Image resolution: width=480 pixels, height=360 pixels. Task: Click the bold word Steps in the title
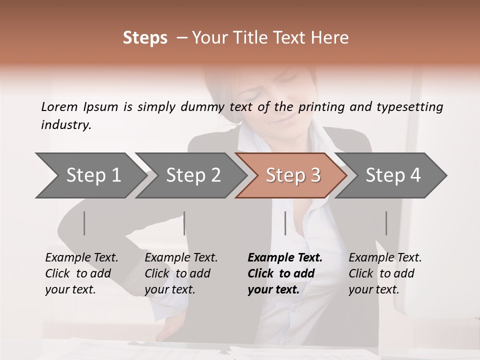(145, 38)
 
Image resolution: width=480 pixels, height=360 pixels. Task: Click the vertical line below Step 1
(84, 223)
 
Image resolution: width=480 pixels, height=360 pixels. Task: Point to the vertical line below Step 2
(184, 223)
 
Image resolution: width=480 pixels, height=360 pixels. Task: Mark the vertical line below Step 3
(285, 223)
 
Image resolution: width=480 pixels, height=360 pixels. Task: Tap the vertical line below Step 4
(386, 223)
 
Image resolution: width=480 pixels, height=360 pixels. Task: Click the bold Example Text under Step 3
(285, 258)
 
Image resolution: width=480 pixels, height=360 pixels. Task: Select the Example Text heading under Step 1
(81, 258)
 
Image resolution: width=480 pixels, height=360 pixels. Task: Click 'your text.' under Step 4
(373, 289)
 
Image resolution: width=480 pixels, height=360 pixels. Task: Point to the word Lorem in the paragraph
(59, 106)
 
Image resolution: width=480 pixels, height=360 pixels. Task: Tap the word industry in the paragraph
(65, 125)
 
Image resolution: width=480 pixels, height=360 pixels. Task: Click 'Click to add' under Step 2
(177, 273)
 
